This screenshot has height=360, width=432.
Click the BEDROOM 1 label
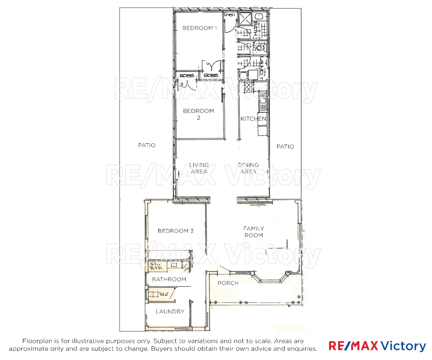199,28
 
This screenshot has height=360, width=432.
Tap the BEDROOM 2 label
198,114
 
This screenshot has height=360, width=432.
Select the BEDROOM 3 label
175,231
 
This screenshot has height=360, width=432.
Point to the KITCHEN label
253,119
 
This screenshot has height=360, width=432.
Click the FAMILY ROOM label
254,232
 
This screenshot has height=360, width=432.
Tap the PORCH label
228,283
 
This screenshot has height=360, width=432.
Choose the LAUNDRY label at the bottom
170,311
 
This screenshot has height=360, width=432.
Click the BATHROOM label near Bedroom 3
169,279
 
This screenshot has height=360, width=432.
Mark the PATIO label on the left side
147,145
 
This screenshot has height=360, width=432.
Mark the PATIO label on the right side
285,147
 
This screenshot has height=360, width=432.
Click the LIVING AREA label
199,168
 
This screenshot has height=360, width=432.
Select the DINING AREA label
248,168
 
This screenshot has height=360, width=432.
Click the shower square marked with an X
246,18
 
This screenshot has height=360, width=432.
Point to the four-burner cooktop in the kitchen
249,87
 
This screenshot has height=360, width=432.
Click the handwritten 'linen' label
229,15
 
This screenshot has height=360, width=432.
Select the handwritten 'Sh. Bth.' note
156,266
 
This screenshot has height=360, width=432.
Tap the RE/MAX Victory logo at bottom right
377,346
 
